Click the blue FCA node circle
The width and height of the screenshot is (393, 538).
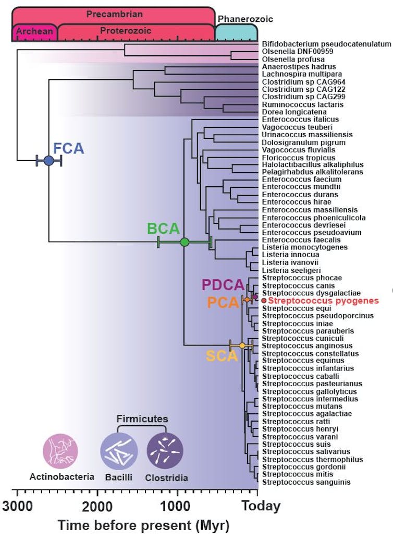click(x=49, y=161)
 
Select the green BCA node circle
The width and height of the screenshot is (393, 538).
click(x=184, y=242)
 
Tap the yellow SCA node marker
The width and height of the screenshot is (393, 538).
click(x=242, y=345)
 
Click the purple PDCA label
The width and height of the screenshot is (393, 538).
click(x=223, y=285)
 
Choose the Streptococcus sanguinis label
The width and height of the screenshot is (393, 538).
click(x=299, y=482)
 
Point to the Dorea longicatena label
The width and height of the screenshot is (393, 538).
click(x=287, y=112)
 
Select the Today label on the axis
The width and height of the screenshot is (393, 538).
click(x=261, y=506)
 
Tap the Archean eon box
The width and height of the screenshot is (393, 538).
click(x=34, y=32)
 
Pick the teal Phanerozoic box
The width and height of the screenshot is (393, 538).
click(x=236, y=32)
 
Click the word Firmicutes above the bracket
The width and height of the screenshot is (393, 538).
click(x=142, y=419)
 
